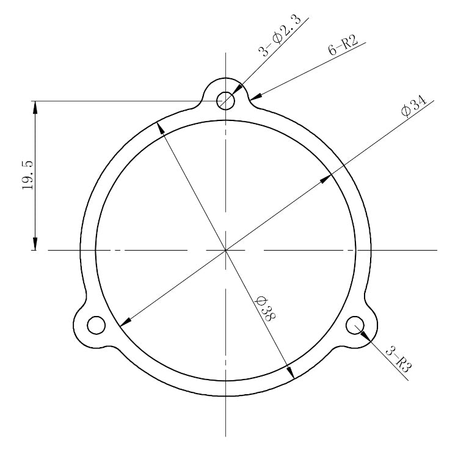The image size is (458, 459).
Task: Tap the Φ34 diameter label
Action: [413, 107]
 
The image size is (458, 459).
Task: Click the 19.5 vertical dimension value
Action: [27, 176]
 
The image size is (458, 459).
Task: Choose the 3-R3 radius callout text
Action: [399, 359]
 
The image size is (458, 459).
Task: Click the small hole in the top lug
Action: [227, 100]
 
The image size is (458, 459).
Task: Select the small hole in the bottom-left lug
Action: [96, 326]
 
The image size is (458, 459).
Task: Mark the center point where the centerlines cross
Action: [227, 250]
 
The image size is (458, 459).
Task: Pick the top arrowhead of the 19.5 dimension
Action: [35, 108]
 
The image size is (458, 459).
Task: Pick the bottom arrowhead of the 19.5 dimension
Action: [35, 243]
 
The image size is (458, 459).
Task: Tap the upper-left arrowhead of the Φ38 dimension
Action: [161, 127]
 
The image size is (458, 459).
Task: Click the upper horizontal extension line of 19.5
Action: [122, 100]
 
